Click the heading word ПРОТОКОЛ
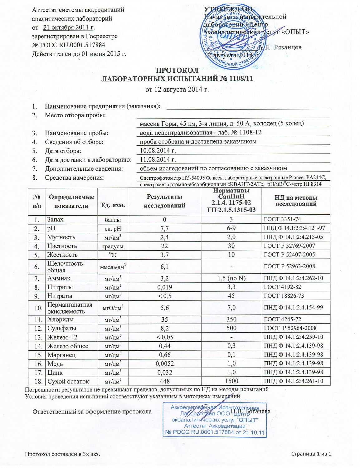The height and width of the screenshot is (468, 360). pos(177,70)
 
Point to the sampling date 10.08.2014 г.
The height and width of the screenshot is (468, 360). pos(158,150)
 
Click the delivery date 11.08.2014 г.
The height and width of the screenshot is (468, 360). pos(158,159)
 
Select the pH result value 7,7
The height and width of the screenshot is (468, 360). pos(164,228)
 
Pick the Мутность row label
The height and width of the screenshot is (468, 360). pos(61,237)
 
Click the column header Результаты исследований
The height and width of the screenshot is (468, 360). pos(164,201)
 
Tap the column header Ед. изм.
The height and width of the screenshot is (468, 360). pos(113,205)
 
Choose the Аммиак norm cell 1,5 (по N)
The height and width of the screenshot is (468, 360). pos(231,278)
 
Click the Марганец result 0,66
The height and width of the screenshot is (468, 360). pos(164,355)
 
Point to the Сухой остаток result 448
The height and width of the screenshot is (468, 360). pos(164,381)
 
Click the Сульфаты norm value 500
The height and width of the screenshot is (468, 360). pos(231,328)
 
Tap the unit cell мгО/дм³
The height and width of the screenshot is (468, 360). pos(113,308)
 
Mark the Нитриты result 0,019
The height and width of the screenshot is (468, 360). pos(164,287)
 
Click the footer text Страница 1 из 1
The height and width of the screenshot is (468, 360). pos(311,454)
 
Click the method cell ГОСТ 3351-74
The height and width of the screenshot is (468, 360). pos(282,219)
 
